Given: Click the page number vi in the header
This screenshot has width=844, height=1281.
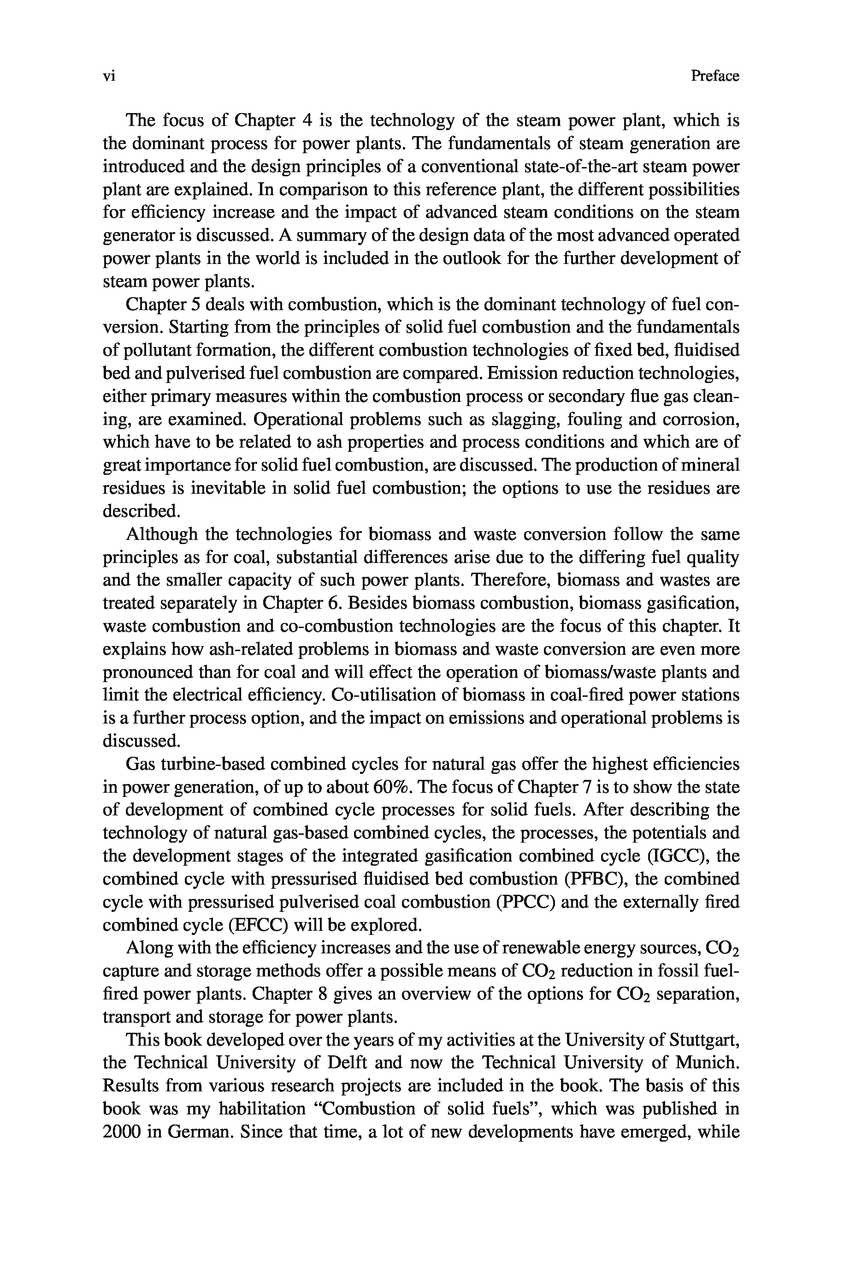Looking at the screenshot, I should point(109,77).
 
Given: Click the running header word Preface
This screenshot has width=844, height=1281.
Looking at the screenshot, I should point(715,76).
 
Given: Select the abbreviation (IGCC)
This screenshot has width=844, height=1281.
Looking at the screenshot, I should point(678,856).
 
